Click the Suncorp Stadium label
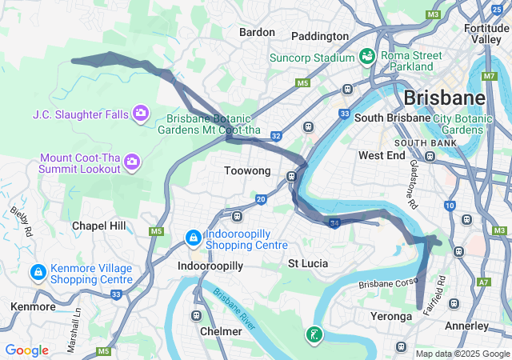coord(311,58)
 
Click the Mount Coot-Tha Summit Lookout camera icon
coord(132,163)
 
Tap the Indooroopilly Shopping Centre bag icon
coord(193,238)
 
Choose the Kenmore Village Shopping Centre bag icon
coord(38,273)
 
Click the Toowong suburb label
coord(247,171)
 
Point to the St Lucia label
coord(308,263)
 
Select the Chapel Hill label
coord(99,226)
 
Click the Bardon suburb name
coord(257,33)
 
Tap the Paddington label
coord(320,36)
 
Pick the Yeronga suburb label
coord(391,317)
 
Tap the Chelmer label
coord(220,331)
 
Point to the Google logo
coord(27,350)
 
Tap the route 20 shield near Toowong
coord(261,198)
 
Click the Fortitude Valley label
coord(486,33)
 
